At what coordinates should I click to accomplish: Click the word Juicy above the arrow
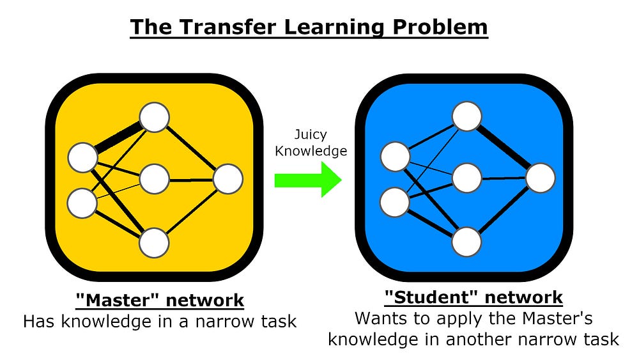(x=311, y=135)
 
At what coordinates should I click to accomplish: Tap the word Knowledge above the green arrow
(x=311, y=151)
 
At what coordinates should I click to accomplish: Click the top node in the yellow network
(x=155, y=118)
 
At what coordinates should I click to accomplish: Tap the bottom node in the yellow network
(x=155, y=243)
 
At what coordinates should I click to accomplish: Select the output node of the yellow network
(x=228, y=179)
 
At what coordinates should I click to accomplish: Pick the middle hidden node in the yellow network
(x=155, y=179)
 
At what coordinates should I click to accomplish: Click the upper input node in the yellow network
(x=82, y=158)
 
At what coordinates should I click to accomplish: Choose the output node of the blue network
(x=541, y=178)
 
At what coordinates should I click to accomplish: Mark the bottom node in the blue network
(x=467, y=242)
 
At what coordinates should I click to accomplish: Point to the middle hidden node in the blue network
(x=467, y=178)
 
